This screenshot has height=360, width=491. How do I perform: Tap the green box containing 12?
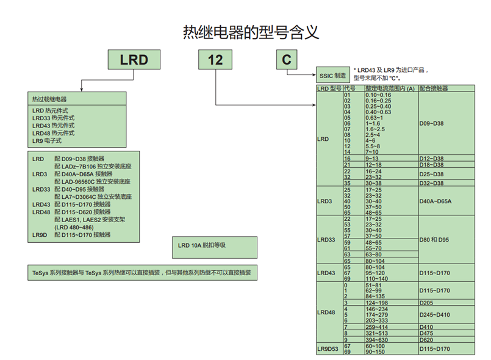[215, 60]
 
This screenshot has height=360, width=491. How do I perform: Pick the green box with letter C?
[287, 60]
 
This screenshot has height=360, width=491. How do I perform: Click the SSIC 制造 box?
[332, 76]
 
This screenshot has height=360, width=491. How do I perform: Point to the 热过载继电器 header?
[50, 99]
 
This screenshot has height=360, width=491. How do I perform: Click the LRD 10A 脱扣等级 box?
[202, 245]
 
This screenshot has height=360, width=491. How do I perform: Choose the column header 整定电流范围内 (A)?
[390, 88]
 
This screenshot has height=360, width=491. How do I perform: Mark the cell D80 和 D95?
[435, 240]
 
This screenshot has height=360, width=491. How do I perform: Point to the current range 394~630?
[377, 340]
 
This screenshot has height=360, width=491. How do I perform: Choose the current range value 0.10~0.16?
[378, 95]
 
